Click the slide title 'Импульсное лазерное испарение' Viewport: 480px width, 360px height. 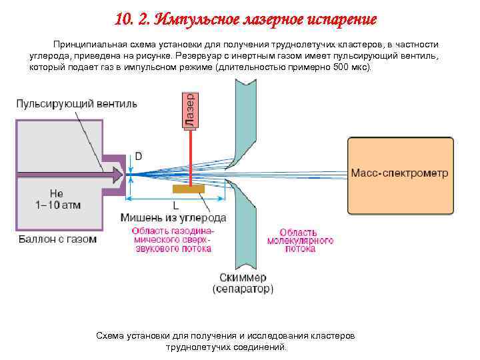pyautogui.click(x=245, y=18)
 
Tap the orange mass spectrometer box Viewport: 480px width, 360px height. pyautogui.click(x=399, y=173)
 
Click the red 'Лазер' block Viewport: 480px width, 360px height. pyautogui.click(x=189, y=108)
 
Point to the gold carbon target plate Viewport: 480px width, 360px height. pyautogui.click(x=189, y=189)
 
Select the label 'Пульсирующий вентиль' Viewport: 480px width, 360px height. pyautogui.click(x=77, y=104)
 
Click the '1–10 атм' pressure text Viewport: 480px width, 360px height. pyautogui.click(x=57, y=205)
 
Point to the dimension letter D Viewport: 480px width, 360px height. pyautogui.click(x=139, y=156)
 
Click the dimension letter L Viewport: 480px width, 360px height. pyautogui.click(x=175, y=206)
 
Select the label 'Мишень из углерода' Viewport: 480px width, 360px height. pyautogui.click(x=173, y=218)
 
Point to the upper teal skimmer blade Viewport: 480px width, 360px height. pyautogui.click(x=241, y=120)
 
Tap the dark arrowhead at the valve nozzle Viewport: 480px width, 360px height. pyautogui.click(x=117, y=175)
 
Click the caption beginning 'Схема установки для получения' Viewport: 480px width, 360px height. pyautogui.click(x=226, y=341)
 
